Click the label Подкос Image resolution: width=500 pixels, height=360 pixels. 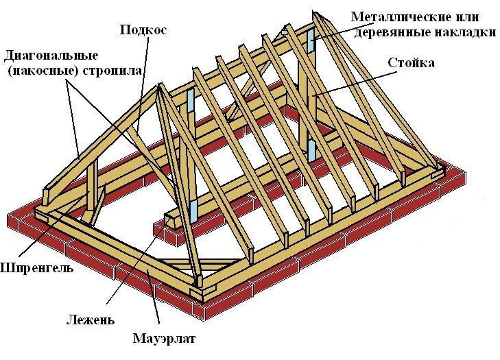[x=143, y=29]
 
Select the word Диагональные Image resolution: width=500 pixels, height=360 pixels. [x=51, y=56]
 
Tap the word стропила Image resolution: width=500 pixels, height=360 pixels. [x=112, y=71]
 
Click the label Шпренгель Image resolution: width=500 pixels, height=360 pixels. [x=36, y=268]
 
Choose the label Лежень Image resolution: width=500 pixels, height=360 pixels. [x=91, y=320]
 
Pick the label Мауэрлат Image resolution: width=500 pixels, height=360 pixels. [x=164, y=339]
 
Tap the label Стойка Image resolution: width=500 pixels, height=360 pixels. [x=411, y=63]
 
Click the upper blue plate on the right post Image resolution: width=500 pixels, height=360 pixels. [x=311, y=41]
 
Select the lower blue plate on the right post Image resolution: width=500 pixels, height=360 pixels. [x=311, y=150]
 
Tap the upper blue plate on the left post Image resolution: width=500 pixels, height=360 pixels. [x=190, y=99]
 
